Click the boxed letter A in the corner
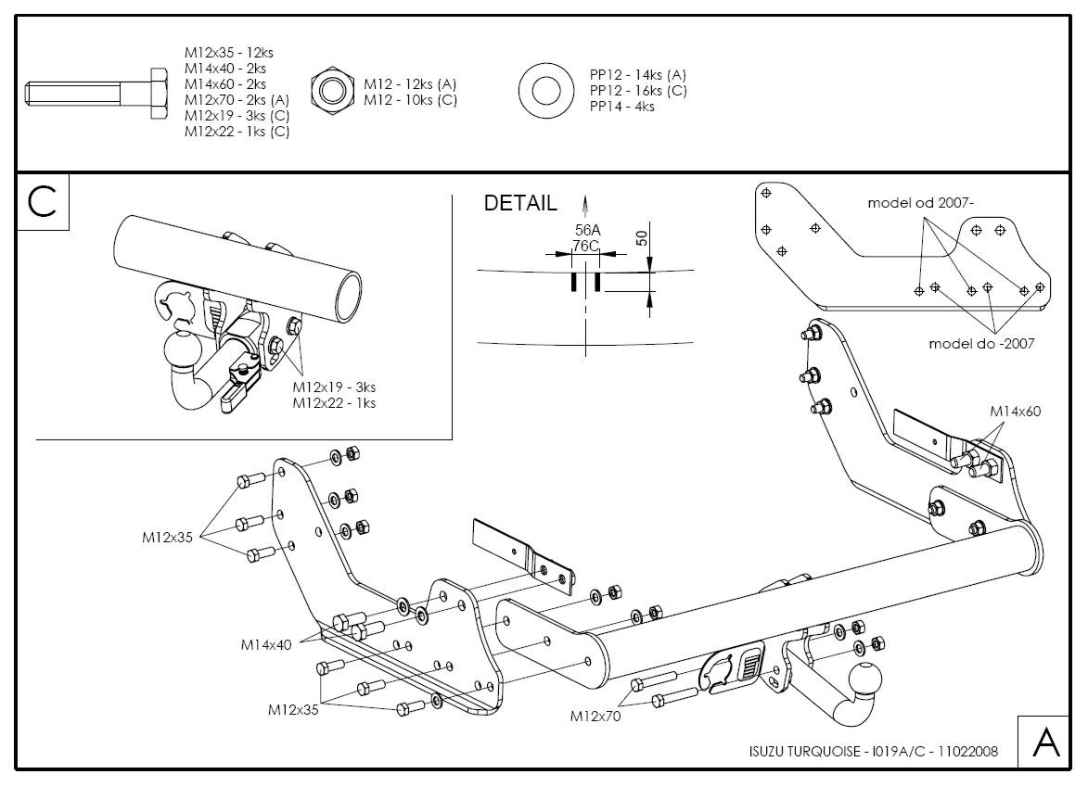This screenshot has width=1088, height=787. (1044, 743)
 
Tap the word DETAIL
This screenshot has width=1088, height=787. (520, 203)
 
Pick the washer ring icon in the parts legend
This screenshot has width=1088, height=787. (546, 90)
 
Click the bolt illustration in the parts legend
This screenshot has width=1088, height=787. (96, 92)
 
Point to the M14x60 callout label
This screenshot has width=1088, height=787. (1015, 411)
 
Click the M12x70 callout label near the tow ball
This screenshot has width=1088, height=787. (595, 716)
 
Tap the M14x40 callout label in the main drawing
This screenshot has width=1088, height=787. (266, 643)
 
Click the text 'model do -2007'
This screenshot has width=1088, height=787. (981, 343)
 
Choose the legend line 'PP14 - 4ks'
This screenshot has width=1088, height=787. (621, 107)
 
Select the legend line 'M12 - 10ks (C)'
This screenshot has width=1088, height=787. (410, 100)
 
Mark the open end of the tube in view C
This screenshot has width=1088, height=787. (348, 296)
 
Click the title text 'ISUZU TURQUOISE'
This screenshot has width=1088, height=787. (804, 751)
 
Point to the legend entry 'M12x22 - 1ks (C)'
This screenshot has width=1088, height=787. (237, 132)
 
